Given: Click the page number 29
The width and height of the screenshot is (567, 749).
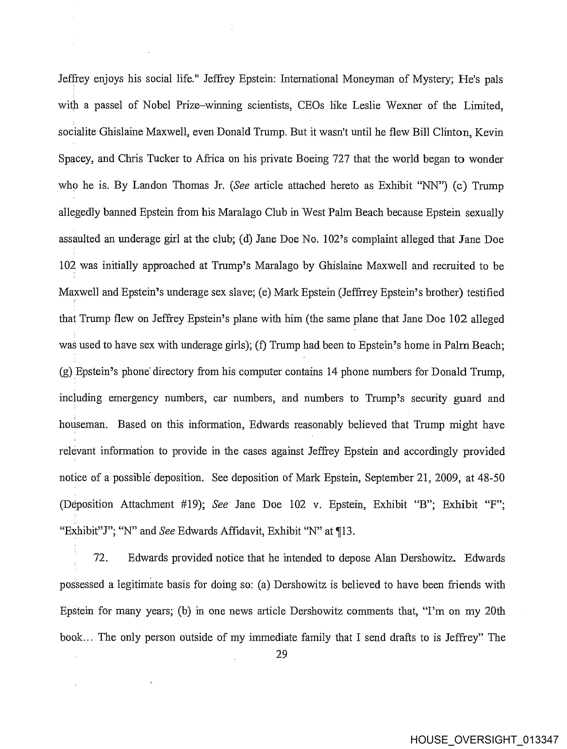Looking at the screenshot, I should click(x=281, y=655).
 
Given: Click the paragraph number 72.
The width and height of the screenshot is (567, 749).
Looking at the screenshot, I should click(x=101, y=558).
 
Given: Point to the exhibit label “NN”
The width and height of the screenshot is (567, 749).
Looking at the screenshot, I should click(x=432, y=186).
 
